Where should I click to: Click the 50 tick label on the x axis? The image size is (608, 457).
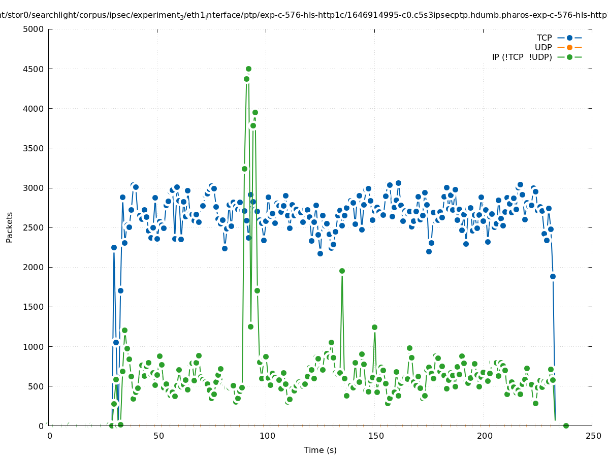click(x=158, y=436)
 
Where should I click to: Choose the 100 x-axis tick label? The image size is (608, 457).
click(x=267, y=436)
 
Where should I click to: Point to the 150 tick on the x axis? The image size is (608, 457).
click(x=375, y=436)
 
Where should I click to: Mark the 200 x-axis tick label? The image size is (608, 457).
click(x=484, y=436)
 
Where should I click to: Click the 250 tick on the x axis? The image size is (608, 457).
click(x=593, y=436)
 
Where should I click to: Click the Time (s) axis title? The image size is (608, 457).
click(x=320, y=450)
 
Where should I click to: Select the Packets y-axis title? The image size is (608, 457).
click(x=10, y=227)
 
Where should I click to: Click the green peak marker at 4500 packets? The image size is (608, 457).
click(x=248, y=69)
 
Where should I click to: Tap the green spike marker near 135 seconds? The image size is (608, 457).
click(x=342, y=271)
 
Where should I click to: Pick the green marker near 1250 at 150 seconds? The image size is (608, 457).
click(x=374, y=327)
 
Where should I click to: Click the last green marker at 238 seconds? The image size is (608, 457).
click(x=566, y=426)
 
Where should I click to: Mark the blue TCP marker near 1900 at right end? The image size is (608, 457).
click(x=553, y=276)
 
